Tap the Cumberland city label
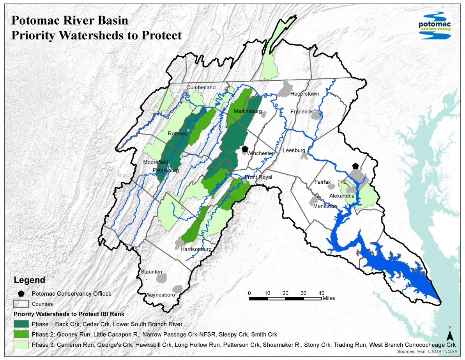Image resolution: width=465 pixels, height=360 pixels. pos(201,87)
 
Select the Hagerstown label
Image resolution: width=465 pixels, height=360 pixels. pos(304,94)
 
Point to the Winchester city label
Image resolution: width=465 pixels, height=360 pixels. pos(260,153)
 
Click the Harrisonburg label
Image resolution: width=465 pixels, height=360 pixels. pos(196,249)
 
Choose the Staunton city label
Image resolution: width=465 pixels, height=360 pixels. pos(151,271)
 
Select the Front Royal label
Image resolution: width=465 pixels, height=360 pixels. pos(258,177)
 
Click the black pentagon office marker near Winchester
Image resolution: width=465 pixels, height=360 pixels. pos(245,149)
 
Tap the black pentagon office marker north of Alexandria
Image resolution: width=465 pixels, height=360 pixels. pos(355,166)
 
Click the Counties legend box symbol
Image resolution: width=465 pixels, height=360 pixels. pos(21,303)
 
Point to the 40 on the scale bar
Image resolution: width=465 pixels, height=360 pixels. pos(321,293)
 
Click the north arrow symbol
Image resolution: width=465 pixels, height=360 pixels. pos(449,335)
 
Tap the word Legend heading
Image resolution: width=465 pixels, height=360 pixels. pos(29,280)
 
